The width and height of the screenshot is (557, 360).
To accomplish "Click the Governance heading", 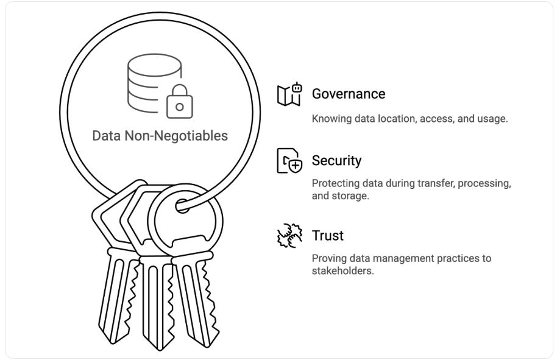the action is (x=349, y=94).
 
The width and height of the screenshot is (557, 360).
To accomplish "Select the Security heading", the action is (x=336, y=160).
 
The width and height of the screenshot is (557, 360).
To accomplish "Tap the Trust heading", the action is (x=328, y=235).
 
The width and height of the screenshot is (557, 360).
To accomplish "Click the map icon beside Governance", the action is (x=289, y=94).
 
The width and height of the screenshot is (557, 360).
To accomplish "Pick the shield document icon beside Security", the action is (x=289, y=161).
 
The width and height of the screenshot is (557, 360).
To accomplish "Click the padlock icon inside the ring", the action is (x=179, y=101).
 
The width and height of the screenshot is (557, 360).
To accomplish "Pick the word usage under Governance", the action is (x=491, y=119).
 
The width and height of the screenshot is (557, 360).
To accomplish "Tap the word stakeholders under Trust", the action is (x=342, y=271).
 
